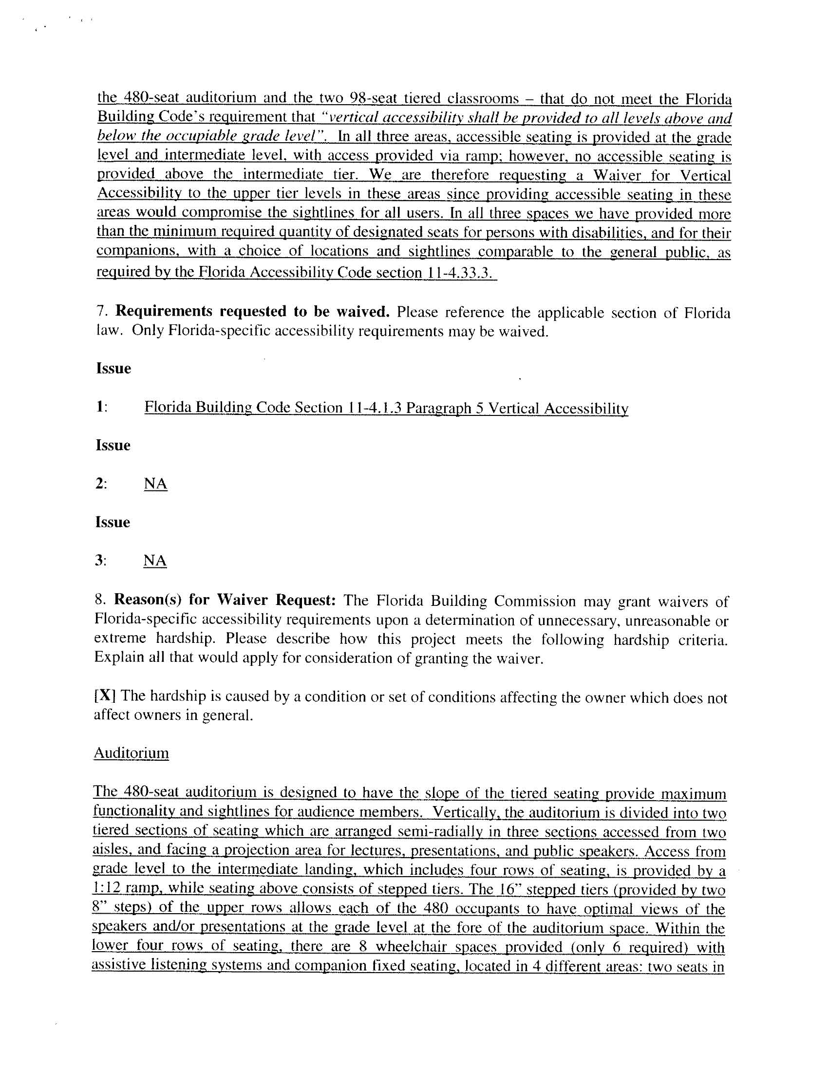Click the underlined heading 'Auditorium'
[131, 753]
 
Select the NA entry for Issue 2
[155, 484]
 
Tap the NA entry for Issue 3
[155, 561]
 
